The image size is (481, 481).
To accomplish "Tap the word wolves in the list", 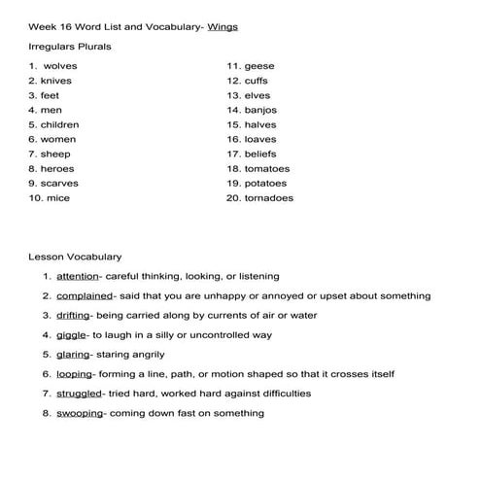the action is pos(59,66).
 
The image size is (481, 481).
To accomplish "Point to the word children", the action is pos(60,124).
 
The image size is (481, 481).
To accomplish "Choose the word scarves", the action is pos(60,183).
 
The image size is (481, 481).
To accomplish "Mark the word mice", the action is pos(58,198).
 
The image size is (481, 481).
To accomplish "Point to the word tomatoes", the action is pos(267,168).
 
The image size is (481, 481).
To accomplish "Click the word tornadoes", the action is pos(268,198).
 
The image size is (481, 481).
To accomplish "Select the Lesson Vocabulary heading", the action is pos(75,257).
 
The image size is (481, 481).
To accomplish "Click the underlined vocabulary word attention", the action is pos(78,276).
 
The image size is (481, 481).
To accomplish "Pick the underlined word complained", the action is pos(85,295).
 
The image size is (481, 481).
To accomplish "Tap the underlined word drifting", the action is pos(74,315).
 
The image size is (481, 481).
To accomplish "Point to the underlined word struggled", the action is pos(80,393).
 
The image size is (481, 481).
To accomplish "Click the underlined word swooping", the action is pos(79,412).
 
